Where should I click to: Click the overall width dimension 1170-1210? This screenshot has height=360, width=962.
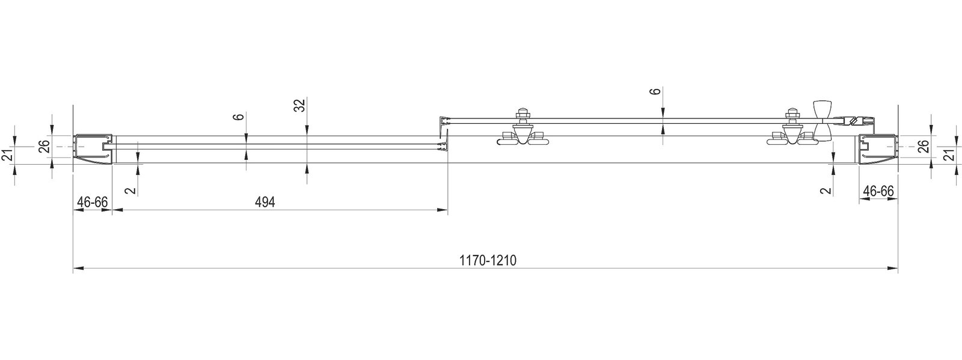(488, 260)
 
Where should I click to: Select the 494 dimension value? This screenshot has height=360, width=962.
(265, 202)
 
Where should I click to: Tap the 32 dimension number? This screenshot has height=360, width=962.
(300, 105)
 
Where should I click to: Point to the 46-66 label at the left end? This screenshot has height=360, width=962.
(93, 202)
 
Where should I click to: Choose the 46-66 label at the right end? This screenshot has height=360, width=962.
(878, 191)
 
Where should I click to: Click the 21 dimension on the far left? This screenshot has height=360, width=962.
(7, 155)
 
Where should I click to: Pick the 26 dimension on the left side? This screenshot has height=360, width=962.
(44, 147)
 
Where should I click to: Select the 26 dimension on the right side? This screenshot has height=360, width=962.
(924, 147)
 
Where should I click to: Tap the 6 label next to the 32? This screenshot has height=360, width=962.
(239, 116)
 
